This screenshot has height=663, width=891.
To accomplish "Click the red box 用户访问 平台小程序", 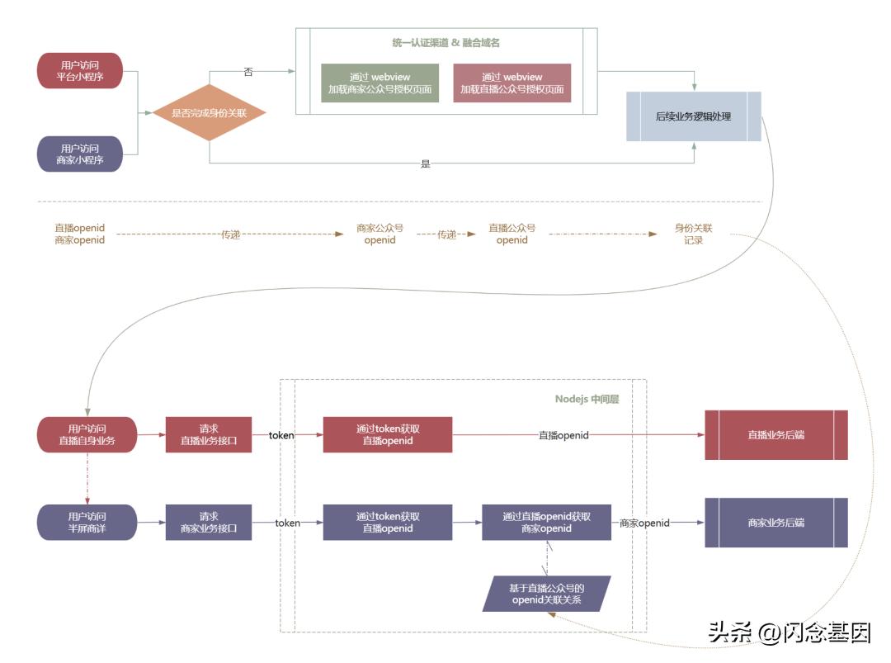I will tap(80, 71).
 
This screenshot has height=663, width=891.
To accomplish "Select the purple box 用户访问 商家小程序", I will tap(80, 154).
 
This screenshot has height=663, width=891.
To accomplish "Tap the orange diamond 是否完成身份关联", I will tap(210, 113).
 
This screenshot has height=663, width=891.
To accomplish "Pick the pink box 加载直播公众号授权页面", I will tap(511, 83).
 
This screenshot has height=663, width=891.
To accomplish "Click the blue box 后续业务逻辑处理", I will tap(693, 116).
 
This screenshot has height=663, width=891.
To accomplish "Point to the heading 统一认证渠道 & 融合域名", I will tap(445, 43).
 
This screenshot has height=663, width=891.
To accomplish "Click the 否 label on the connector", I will tap(248, 73).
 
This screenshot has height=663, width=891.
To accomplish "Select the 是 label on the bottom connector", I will tap(426, 164).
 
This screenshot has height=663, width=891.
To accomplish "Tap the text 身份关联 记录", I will tap(693, 234).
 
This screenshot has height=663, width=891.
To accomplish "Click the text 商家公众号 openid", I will tap(379, 234).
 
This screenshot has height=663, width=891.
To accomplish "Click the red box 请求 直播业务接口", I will tap(208, 434).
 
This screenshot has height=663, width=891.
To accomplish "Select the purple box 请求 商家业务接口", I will tap(208, 523).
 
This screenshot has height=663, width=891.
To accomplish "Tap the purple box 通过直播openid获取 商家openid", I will tap(546, 523).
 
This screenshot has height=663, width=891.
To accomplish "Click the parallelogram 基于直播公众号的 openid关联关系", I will tap(546, 594).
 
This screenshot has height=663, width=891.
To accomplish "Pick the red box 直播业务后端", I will tap(775, 434).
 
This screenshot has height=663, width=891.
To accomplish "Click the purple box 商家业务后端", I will tap(775, 523).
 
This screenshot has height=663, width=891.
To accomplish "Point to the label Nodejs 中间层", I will tap(587, 399).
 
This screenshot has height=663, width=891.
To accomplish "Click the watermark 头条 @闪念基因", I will tap(789, 633).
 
